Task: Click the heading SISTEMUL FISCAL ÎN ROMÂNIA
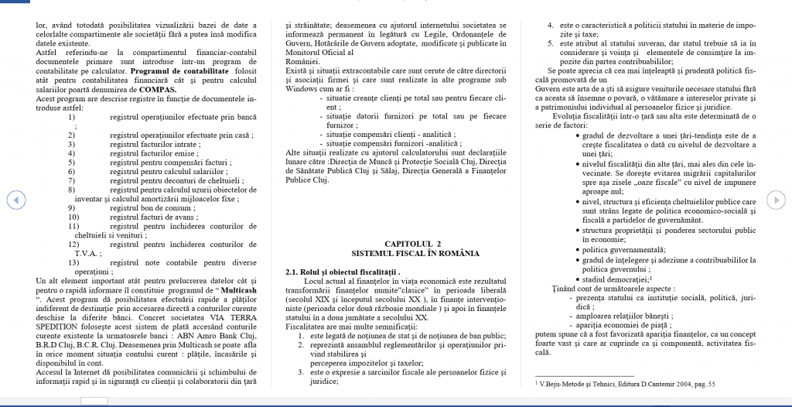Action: pos(415,253)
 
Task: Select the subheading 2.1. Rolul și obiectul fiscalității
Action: pos(343,272)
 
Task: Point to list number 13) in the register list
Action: pos(73,262)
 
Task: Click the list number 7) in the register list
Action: pos(71,180)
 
